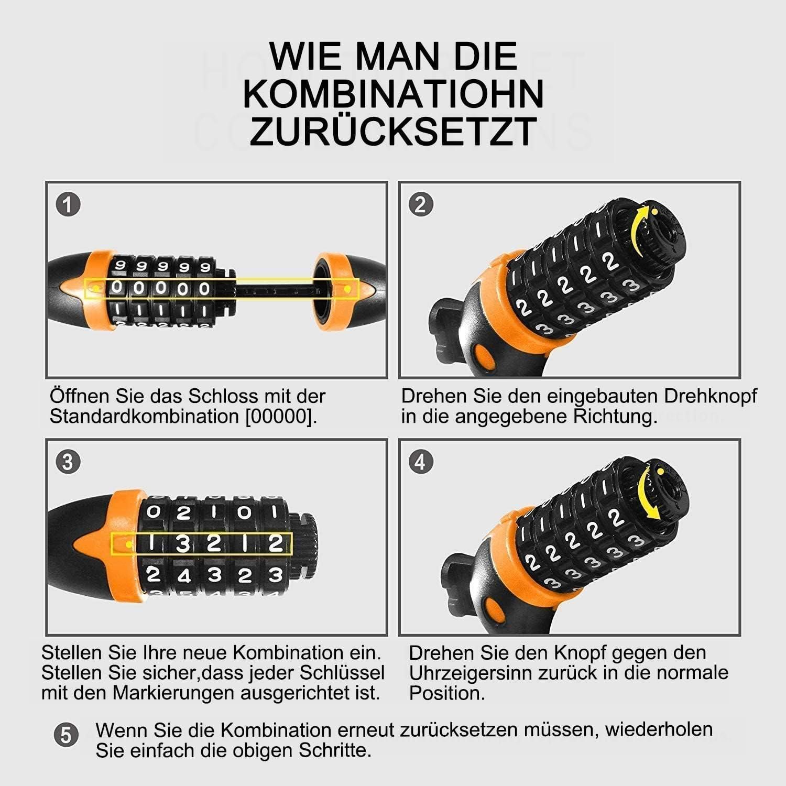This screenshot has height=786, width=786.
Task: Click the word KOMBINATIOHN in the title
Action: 394,94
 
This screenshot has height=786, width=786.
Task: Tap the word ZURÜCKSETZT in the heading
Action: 394,130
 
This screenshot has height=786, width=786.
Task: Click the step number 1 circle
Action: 68,205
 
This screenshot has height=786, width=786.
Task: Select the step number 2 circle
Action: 420,204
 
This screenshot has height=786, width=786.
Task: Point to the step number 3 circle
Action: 68,462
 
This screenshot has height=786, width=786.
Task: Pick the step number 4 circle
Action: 420,462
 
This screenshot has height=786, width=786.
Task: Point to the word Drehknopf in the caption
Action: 711,397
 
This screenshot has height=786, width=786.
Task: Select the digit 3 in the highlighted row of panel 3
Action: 182,543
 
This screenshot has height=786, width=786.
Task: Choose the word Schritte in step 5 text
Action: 335,750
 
